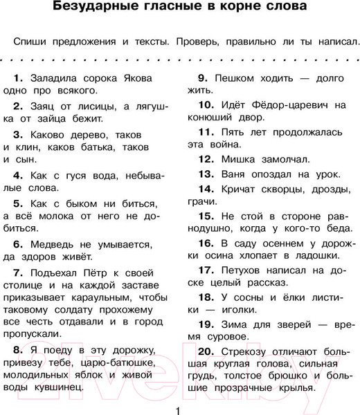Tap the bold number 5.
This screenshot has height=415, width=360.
point(19,203)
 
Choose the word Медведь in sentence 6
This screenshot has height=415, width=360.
point(55,244)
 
